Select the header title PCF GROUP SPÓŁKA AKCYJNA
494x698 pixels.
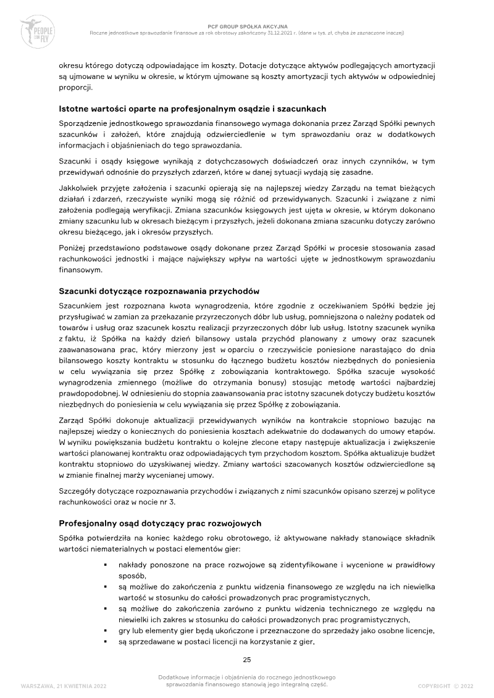(247, 27)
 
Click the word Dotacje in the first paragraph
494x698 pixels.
(252, 65)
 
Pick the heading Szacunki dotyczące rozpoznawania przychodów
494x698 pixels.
(159, 290)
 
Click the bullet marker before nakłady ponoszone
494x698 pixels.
(107, 565)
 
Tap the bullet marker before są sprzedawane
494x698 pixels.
(107, 642)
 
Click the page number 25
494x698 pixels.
(247, 660)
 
